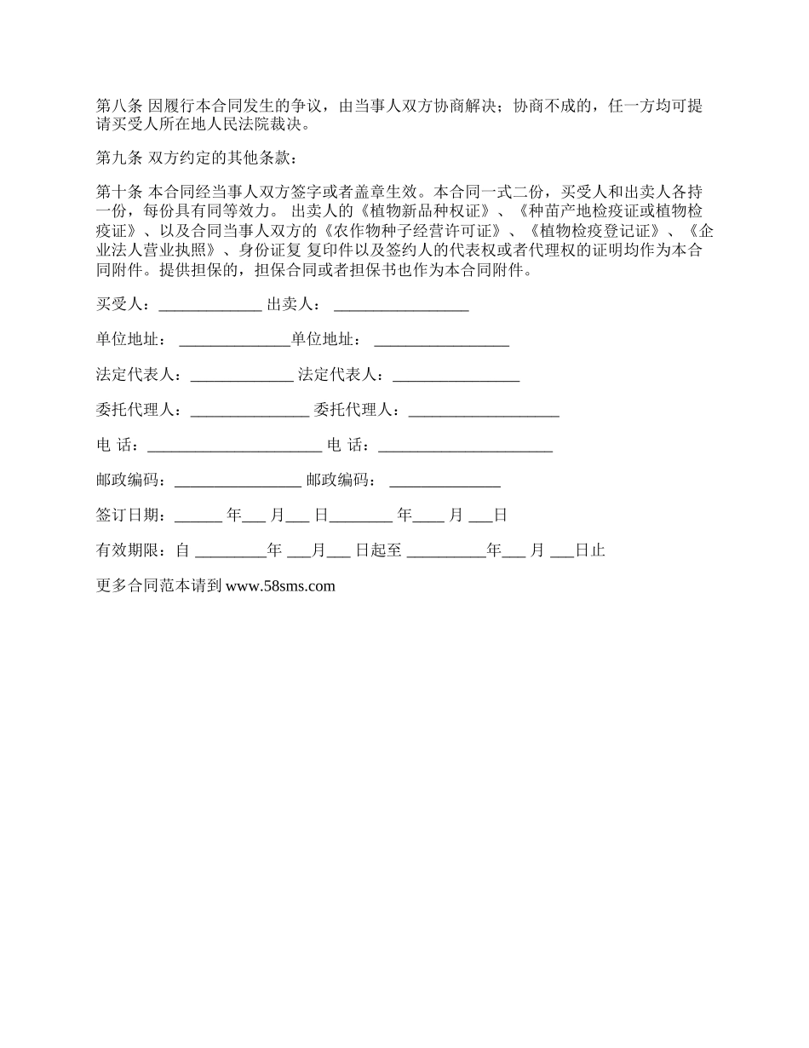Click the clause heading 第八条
pos(120,107)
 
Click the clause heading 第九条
pos(120,159)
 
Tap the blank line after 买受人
pos(210,306)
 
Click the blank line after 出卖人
pos(401,306)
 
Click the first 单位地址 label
pos(131,340)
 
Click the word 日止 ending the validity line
pos(589,550)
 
